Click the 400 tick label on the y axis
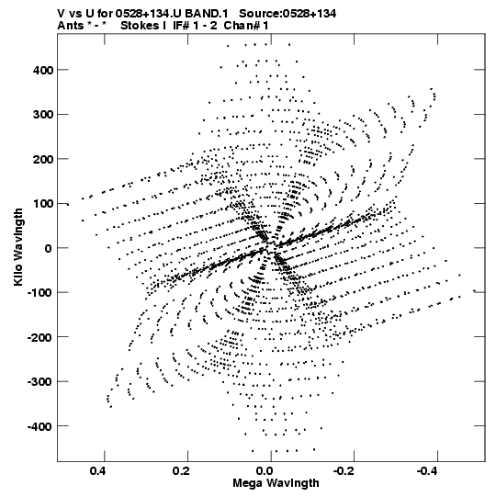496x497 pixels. [43, 70]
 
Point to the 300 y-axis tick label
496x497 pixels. [43, 115]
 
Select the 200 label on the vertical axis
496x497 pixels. [43, 159]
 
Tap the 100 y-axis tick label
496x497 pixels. [43, 204]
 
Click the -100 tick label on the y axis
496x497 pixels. [39, 293]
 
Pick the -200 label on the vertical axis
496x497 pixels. [39, 337]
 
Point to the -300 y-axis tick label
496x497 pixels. [39, 382]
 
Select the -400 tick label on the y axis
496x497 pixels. [39, 426]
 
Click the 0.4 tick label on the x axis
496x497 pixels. [97, 471]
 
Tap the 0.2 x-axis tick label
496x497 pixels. [181, 471]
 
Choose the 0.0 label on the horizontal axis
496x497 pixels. [265, 471]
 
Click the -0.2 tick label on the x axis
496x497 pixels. [344, 471]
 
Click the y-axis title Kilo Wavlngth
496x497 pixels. [18, 247]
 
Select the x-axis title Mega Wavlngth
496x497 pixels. [276, 483]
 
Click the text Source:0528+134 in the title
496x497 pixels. [287, 14]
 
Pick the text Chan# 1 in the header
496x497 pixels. [246, 26]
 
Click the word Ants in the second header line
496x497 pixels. [71, 26]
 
